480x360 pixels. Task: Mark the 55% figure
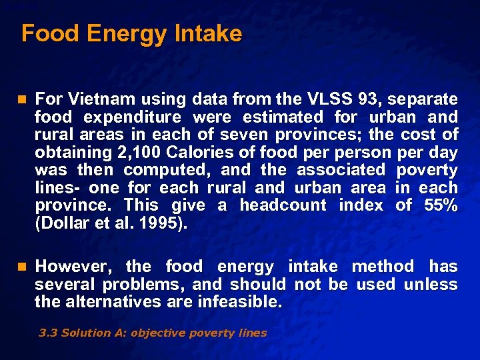(441, 205)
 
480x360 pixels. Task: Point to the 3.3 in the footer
(47, 333)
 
